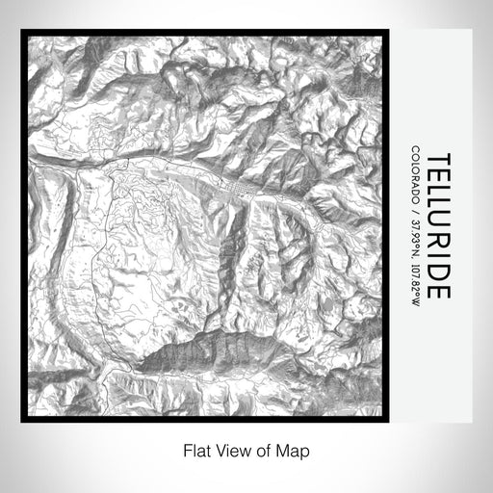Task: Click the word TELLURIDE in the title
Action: [436, 226]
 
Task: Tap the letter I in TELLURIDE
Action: [436, 252]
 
